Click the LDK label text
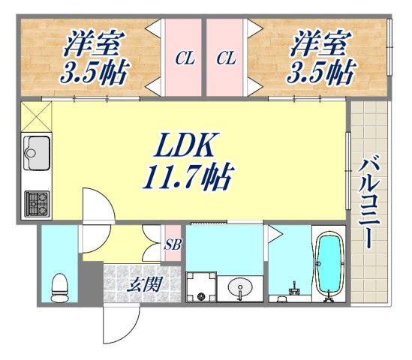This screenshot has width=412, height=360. pyautogui.click(x=187, y=145)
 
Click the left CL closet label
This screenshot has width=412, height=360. pyautogui.click(x=182, y=58)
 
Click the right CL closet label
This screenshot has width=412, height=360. pyautogui.click(x=226, y=58)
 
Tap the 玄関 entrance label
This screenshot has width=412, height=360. pyautogui.click(x=143, y=284)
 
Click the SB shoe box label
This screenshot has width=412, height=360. pyautogui.click(x=172, y=243)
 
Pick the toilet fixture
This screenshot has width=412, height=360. pyautogui.click(x=59, y=286)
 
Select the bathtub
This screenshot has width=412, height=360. pyautogui.click(x=327, y=266)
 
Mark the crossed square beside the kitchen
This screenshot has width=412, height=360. pyautogui.click(x=35, y=116)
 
